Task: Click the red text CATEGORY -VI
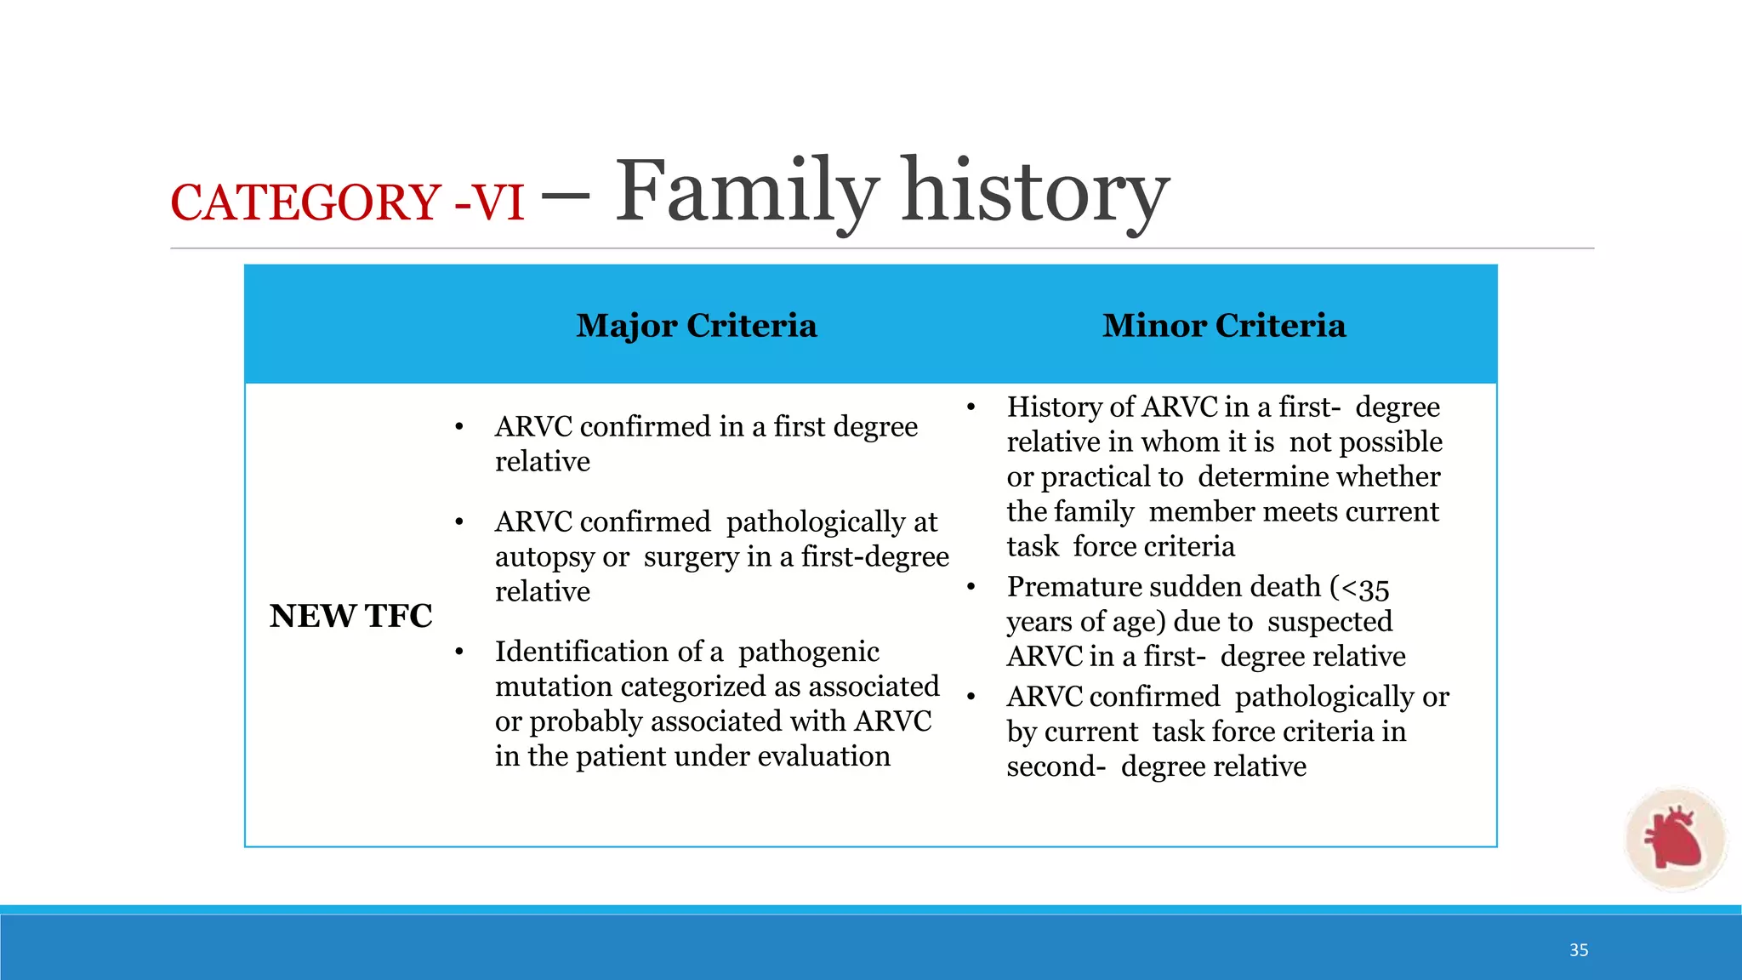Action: (x=347, y=203)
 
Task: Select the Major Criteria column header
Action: (x=696, y=326)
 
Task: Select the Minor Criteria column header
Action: (x=1224, y=326)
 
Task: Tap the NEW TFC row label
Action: (x=350, y=616)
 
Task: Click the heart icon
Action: (x=1673, y=839)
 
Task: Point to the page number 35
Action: (x=1579, y=950)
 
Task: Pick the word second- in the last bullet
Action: (x=1056, y=767)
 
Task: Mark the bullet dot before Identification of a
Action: (x=459, y=652)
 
